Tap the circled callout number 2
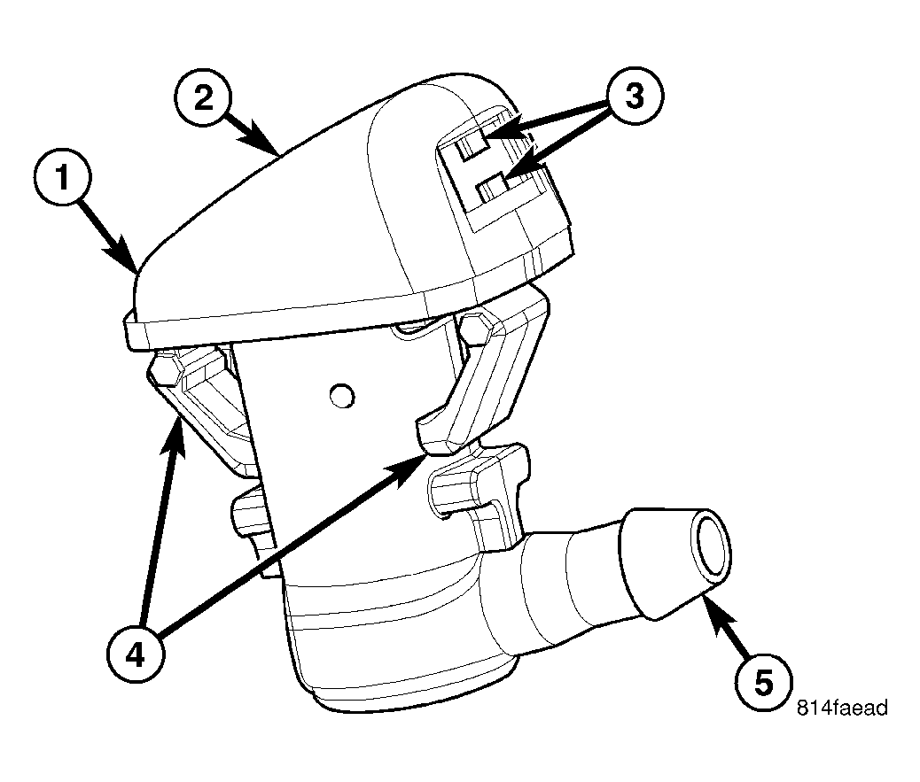(204, 97)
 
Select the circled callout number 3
(635, 96)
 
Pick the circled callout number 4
(136, 654)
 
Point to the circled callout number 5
(763, 683)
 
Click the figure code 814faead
(842, 708)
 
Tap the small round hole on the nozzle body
(342, 396)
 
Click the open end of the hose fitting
(713, 542)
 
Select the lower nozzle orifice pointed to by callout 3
(493, 188)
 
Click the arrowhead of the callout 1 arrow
(124, 256)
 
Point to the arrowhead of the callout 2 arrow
(264, 140)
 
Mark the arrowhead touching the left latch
(175, 437)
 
